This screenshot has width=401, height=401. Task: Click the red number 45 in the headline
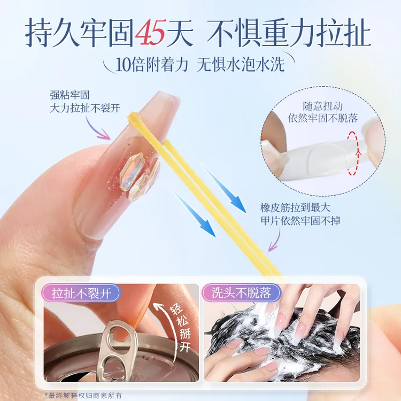[x=150, y=33]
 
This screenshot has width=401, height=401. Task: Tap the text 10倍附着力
[x=152, y=65]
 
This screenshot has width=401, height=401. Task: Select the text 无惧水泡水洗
[x=241, y=64]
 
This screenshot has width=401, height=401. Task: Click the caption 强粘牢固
[x=70, y=95]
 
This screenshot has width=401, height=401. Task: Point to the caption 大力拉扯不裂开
[x=84, y=109]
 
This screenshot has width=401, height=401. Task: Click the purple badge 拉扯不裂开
[x=81, y=294]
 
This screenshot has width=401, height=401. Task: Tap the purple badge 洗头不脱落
[x=241, y=293]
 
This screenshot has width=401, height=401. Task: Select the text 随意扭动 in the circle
[x=322, y=106]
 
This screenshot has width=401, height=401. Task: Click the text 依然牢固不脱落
[x=323, y=118]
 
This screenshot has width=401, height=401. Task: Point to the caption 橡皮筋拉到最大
[x=295, y=207]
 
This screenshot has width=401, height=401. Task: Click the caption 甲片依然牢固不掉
[x=300, y=220]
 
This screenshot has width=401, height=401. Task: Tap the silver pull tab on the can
[x=118, y=350]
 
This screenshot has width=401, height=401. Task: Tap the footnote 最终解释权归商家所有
[x=85, y=396]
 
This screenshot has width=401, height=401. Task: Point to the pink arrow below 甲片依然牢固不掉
[x=274, y=240]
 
